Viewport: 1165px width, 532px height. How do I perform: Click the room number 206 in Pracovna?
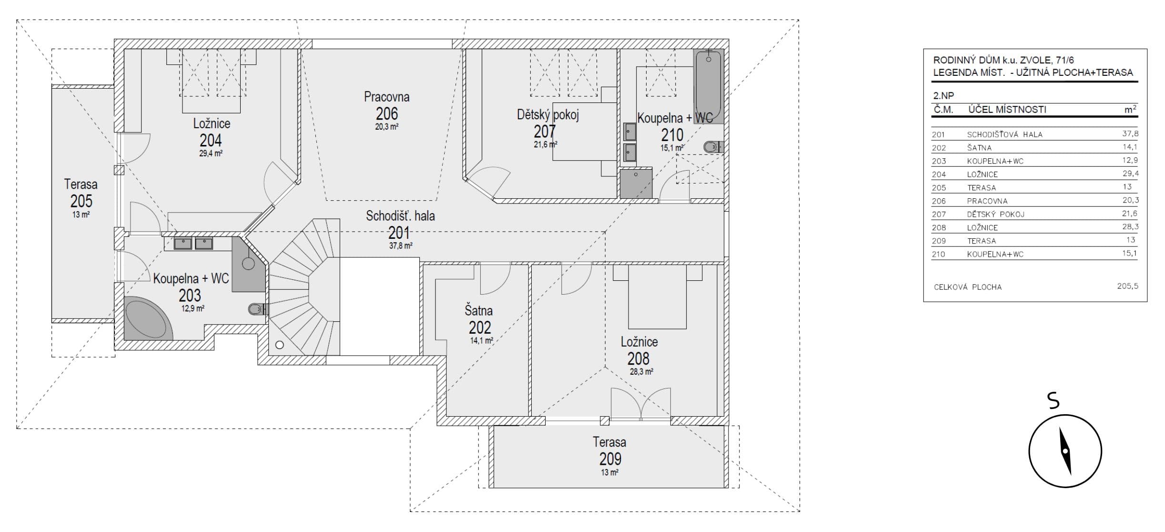[x=386, y=114]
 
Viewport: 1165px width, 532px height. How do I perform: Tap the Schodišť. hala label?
[x=400, y=216]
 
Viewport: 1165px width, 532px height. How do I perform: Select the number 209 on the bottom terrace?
[x=610, y=459]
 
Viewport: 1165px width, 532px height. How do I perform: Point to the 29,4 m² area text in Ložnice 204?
[x=211, y=153]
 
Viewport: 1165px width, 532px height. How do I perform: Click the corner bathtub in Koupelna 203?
[x=148, y=318]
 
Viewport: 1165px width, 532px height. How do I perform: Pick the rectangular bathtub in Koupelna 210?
[x=709, y=86]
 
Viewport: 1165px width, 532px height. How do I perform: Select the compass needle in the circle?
[x=1065, y=450]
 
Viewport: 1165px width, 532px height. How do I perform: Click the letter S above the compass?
[x=1054, y=401]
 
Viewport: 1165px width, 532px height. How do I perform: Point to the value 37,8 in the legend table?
[x=1130, y=134]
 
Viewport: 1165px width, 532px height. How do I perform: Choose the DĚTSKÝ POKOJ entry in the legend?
[x=995, y=215]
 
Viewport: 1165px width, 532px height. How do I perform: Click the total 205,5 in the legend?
[x=1127, y=286]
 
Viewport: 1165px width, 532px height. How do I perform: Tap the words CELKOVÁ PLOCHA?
[x=968, y=287]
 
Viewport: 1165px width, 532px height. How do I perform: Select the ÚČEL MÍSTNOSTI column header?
[x=1007, y=110]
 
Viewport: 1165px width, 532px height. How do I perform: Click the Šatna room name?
[x=479, y=311]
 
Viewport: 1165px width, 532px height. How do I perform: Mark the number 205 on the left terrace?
[x=81, y=201]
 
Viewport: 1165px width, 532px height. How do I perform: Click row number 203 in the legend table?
[x=939, y=161]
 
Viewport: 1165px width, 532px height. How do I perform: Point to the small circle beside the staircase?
[x=280, y=345]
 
